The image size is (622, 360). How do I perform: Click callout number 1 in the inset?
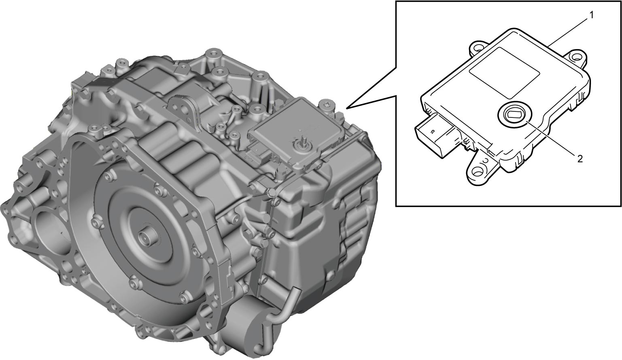point(591,16)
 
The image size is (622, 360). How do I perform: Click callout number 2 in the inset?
point(580,159)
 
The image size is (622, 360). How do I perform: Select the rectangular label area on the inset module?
point(504,72)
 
